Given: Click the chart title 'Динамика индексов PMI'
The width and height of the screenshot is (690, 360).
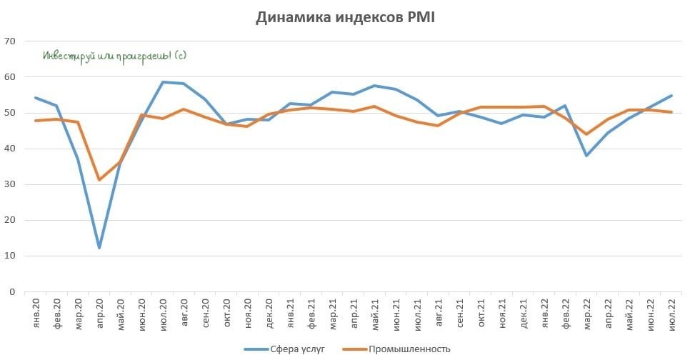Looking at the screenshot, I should [345, 19].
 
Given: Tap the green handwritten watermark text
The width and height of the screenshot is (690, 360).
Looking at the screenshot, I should [114, 56].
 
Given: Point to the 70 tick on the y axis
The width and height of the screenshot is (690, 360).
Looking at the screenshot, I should [10, 41].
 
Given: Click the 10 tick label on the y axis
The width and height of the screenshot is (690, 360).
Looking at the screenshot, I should [10, 256].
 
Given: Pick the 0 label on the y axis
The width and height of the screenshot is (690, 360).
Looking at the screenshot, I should [12, 291].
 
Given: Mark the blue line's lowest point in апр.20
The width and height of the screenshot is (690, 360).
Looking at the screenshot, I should [99, 248].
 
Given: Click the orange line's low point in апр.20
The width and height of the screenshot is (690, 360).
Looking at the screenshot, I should [99, 179].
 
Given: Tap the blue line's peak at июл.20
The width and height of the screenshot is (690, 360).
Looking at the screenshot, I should [163, 82].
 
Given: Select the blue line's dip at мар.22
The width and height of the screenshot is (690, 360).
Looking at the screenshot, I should [586, 155].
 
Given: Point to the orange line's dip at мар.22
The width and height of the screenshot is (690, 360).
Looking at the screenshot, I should [586, 134].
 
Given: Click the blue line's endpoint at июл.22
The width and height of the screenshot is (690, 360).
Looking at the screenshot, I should [671, 96].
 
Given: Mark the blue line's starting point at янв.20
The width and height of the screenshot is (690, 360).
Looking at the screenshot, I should [36, 98].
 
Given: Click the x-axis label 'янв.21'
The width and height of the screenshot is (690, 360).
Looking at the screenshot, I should [290, 315].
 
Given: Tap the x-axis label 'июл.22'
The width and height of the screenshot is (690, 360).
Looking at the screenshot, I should [671, 315].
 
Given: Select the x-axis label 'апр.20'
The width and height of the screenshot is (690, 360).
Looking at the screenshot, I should [99, 315].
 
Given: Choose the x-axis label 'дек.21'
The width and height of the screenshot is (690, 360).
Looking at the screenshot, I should [523, 315].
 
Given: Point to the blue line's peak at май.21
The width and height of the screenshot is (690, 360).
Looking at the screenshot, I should [374, 86].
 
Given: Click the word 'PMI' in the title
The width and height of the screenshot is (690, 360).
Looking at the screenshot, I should [419, 19].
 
